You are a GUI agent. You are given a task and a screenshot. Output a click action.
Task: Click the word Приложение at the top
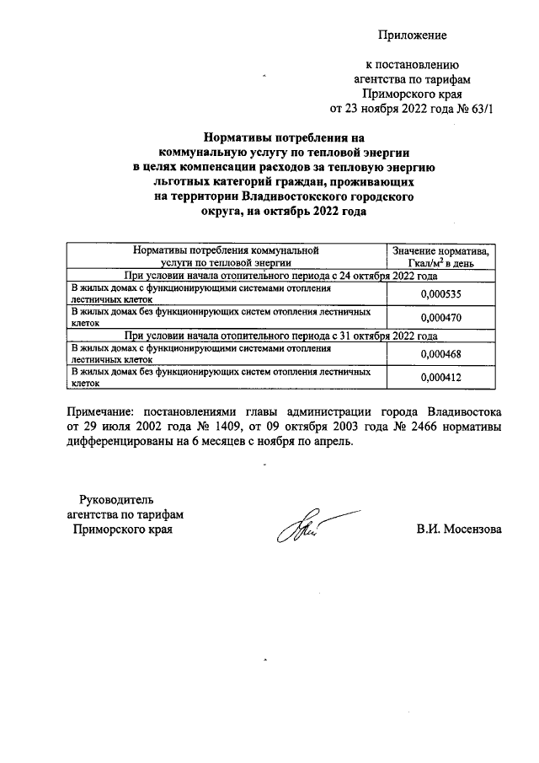pyautogui.click(x=412, y=35)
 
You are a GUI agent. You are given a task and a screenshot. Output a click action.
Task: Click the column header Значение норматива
pyautogui.click(x=441, y=251)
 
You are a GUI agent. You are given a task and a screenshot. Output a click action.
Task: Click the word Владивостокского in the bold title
pyautogui.click(x=302, y=196)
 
